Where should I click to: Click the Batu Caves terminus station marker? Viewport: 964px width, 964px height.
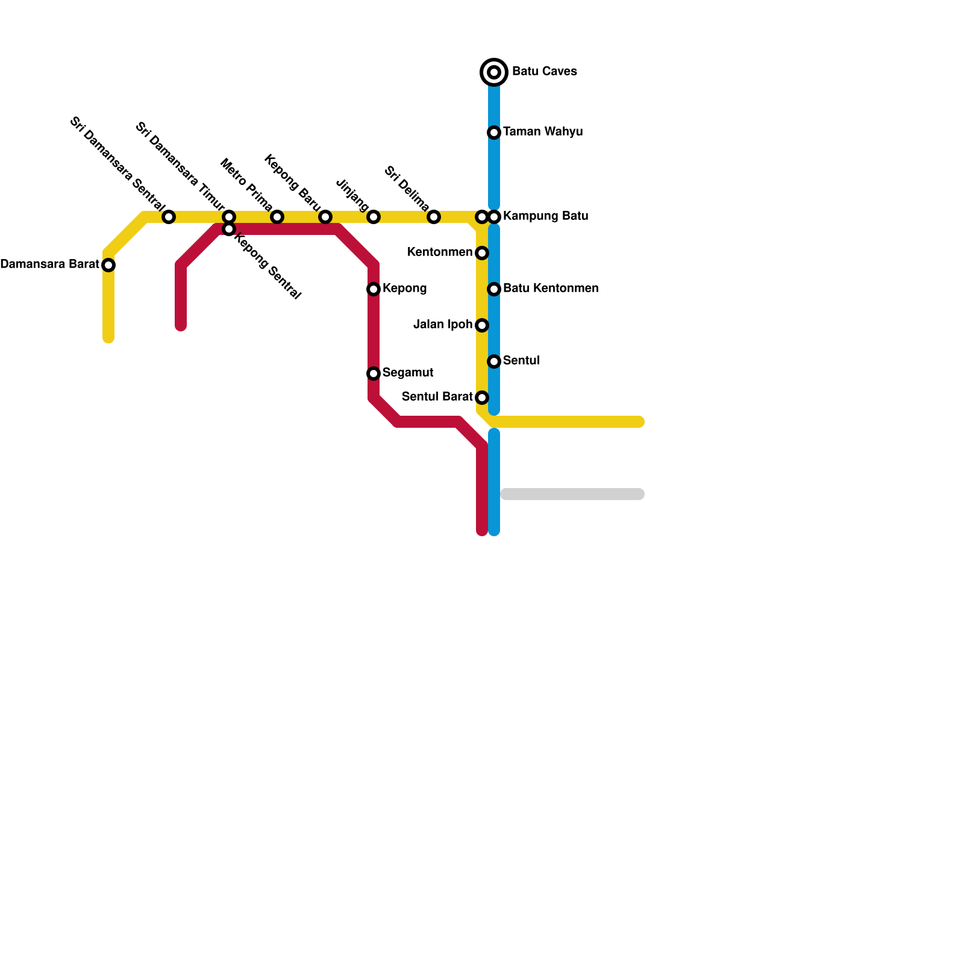(x=494, y=72)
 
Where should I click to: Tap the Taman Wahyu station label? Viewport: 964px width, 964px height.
(x=542, y=132)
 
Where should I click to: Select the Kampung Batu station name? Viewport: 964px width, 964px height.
(x=545, y=216)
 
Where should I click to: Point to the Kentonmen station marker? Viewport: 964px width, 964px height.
(x=482, y=253)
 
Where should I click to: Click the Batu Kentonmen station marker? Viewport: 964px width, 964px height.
(x=494, y=289)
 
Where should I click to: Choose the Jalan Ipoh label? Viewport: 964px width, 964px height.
(x=443, y=325)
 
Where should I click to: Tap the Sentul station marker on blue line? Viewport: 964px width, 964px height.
(x=494, y=361)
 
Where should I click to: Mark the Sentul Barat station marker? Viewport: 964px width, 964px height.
(x=482, y=398)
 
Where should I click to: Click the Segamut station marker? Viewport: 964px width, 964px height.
(x=374, y=374)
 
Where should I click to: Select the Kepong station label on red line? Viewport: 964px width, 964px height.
(x=404, y=289)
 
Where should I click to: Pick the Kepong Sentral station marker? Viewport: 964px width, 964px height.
(x=229, y=229)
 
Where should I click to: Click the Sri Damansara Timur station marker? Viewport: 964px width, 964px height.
(x=229, y=217)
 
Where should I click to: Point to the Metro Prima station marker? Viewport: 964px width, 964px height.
(x=277, y=217)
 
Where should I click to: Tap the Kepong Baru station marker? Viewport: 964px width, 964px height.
(x=325, y=217)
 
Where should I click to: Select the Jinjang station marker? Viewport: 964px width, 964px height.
(x=374, y=217)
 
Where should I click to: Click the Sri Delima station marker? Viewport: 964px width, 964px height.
(x=434, y=217)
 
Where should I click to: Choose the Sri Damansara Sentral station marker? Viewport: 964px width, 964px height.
(x=169, y=217)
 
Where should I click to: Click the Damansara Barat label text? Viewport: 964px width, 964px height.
(x=49, y=264)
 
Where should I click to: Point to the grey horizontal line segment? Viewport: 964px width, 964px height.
(x=572, y=494)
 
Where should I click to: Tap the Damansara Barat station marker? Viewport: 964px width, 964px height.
(x=108, y=265)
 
